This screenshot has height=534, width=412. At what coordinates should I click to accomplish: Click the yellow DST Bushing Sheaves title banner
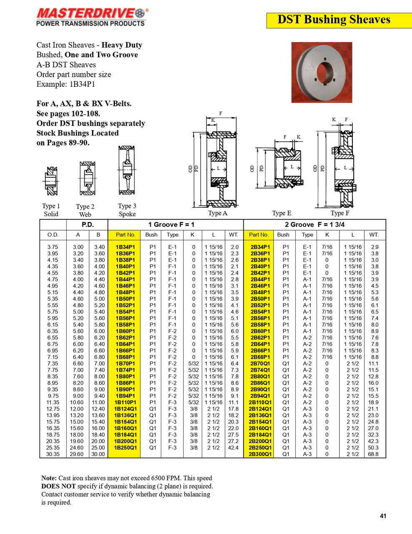[334, 20]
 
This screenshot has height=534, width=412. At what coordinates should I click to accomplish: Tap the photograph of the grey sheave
[322, 72]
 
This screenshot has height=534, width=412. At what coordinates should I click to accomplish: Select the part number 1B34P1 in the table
[125, 247]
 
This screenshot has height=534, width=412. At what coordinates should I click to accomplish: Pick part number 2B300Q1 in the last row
[260, 454]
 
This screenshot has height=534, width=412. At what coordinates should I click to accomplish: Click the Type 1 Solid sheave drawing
[52, 181]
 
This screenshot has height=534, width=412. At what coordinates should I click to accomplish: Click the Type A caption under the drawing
[217, 213]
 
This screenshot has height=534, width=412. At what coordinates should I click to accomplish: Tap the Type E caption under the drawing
[282, 213]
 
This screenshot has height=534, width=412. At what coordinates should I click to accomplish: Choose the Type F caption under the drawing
[340, 213]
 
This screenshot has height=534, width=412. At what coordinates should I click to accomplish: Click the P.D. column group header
[87, 224]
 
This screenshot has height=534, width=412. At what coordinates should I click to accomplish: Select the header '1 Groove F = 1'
[171, 224]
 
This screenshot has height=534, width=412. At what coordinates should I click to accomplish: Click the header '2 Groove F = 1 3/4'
[315, 224]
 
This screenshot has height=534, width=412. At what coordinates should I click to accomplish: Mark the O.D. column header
[53, 235]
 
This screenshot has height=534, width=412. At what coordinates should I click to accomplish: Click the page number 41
[383, 516]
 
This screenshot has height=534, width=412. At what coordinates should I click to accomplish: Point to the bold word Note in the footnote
[49, 478]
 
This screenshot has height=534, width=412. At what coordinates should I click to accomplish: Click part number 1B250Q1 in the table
[125, 448]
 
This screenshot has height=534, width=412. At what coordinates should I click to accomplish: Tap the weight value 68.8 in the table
[373, 454]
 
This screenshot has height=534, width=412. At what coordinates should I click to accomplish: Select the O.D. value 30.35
[53, 454]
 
